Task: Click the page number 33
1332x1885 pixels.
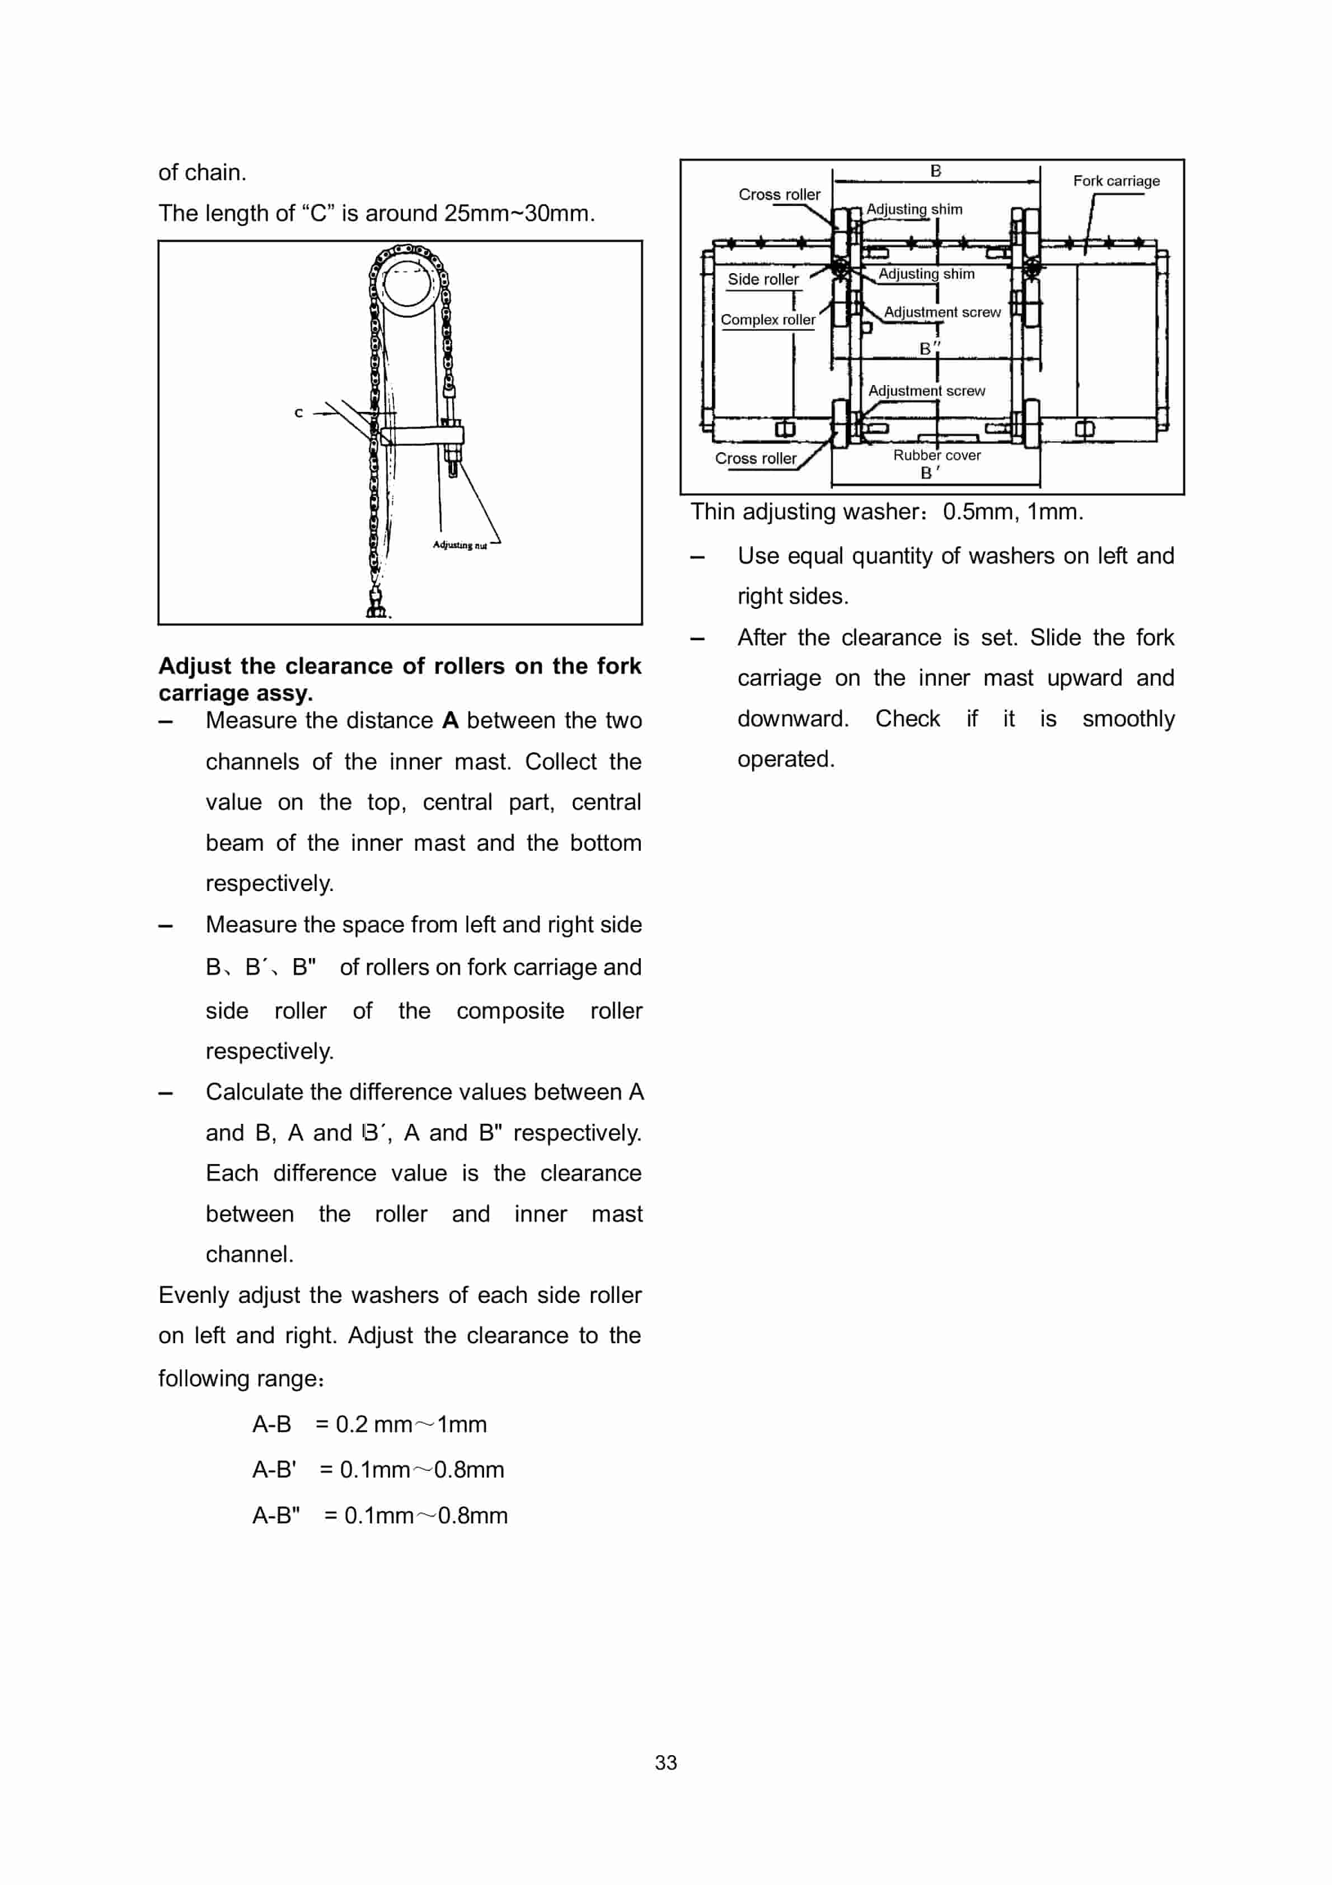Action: (x=665, y=1762)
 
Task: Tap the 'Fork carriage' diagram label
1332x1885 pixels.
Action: (x=1115, y=181)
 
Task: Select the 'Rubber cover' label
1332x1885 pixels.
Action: (x=936, y=455)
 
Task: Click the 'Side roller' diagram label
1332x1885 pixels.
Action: (x=762, y=279)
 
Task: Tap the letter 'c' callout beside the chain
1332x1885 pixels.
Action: (x=299, y=413)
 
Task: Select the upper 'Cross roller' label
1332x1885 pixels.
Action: (x=778, y=195)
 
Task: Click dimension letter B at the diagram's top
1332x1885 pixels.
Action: (x=935, y=171)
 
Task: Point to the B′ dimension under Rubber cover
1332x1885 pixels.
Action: (x=928, y=473)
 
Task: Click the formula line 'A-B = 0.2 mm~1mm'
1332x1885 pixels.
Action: (x=369, y=1424)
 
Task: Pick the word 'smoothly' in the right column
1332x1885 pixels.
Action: (x=1128, y=719)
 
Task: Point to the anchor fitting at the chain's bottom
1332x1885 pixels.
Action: (x=376, y=605)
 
